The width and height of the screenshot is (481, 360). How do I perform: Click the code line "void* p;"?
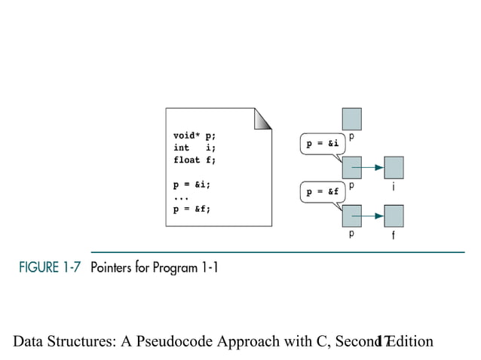[x=195, y=136]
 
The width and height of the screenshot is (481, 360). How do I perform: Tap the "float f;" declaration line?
[x=194, y=160]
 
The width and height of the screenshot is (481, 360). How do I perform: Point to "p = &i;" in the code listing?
[x=192, y=184]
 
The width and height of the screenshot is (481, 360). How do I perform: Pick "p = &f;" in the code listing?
[x=192, y=209]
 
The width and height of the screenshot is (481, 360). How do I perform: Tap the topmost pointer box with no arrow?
[x=352, y=118]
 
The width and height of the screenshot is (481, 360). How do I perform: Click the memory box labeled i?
[x=394, y=166]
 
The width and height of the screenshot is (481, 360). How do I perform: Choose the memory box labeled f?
[x=394, y=216]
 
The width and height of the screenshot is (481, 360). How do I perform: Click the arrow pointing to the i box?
[x=373, y=168]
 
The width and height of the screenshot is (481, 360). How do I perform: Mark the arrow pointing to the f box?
[x=373, y=218]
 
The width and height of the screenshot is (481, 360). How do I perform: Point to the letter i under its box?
[x=394, y=185]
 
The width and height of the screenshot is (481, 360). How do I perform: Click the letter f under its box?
[x=394, y=236]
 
